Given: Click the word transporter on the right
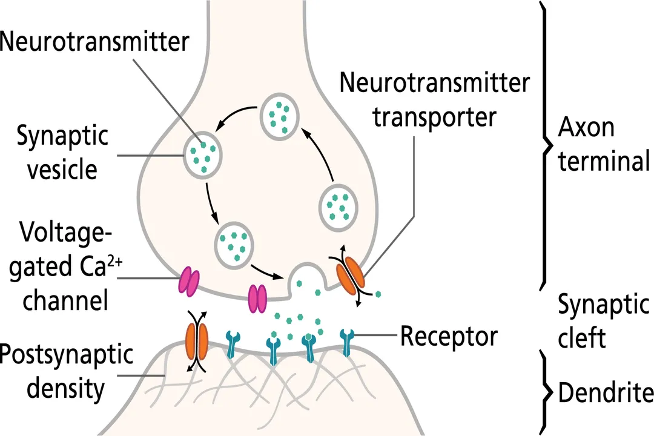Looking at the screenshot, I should [434, 116].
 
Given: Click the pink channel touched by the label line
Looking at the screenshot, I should [188, 282].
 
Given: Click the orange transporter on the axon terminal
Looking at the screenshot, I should [351, 274].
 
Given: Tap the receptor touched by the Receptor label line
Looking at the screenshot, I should [347, 343].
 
